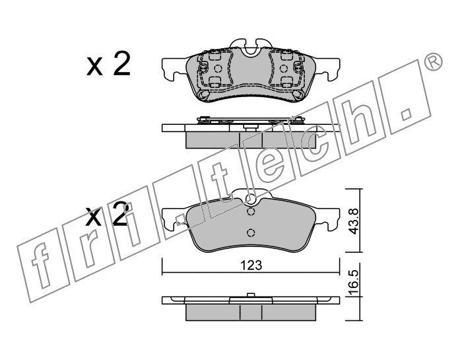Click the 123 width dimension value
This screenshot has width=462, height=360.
tap(251, 266)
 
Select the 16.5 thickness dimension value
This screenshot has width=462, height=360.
tap(354, 283)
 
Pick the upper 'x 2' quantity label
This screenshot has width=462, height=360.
tap(108, 64)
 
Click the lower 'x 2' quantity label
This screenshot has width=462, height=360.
tap(107, 215)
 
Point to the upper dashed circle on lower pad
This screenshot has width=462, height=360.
tap(250, 211)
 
